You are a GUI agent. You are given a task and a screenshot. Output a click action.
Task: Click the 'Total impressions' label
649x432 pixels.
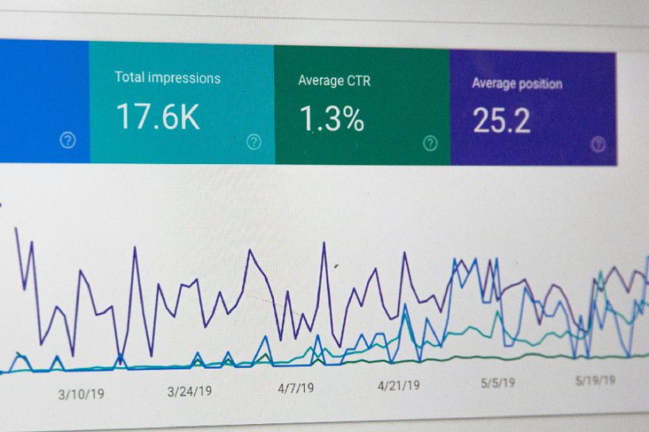167,78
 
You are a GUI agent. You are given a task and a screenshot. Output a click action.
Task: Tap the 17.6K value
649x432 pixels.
158,116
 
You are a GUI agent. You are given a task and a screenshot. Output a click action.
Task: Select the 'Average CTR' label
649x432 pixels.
334,80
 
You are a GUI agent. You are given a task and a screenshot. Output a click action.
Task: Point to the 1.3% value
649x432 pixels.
332,119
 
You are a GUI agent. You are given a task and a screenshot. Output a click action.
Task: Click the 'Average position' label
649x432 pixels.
517,83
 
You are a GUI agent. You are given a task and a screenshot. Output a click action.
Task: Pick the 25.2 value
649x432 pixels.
502,120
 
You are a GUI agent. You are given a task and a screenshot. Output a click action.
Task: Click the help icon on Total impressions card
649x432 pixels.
253,142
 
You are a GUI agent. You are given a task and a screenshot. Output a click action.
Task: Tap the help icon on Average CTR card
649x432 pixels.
430,143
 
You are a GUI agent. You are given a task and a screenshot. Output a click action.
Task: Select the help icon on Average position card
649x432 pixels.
598,144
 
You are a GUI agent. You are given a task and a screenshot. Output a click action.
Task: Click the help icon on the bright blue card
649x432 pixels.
68,140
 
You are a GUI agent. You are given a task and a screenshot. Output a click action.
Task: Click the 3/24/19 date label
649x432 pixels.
189,391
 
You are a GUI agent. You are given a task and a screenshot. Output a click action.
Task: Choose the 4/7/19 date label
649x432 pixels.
295,388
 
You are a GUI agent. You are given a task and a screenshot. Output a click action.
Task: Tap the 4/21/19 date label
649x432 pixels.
398,385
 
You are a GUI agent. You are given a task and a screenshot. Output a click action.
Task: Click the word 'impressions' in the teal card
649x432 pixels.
183,78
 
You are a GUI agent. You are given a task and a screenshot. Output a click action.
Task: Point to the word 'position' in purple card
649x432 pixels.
536,83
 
